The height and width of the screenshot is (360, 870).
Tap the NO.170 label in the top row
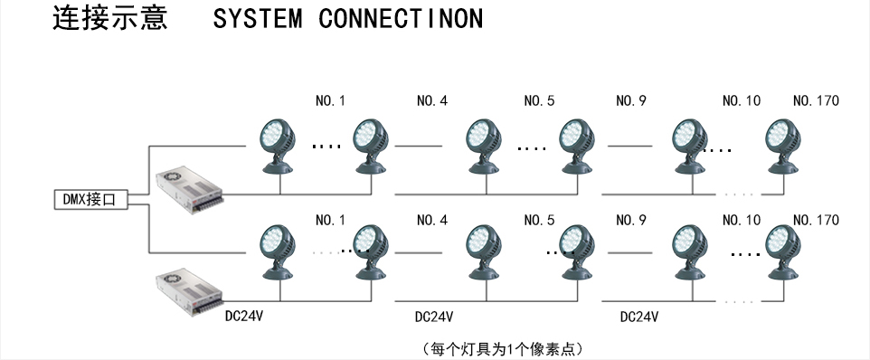pyautogui.click(x=816, y=100)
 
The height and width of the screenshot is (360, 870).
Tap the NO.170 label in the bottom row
pyautogui.click(x=816, y=220)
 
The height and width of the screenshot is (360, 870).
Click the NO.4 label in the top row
pyautogui.click(x=432, y=100)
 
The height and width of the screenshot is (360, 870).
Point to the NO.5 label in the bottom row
pyautogui.click(x=539, y=220)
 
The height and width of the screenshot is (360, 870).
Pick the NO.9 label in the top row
pyautogui.click(x=631, y=100)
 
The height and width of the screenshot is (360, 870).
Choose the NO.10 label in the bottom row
pyautogui.click(x=742, y=220)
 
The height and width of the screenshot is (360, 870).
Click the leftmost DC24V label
pyautogui.click(x=244, y=317)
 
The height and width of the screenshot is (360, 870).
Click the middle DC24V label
pyautogui.click(x=433, y=317)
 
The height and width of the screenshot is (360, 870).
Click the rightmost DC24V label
pyautogui.click(x=639, y=317)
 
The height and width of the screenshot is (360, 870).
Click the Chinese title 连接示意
pyautogui.click(x=110, y=19)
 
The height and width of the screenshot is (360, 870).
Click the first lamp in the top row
pyautogui.click(x=276, y=145)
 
